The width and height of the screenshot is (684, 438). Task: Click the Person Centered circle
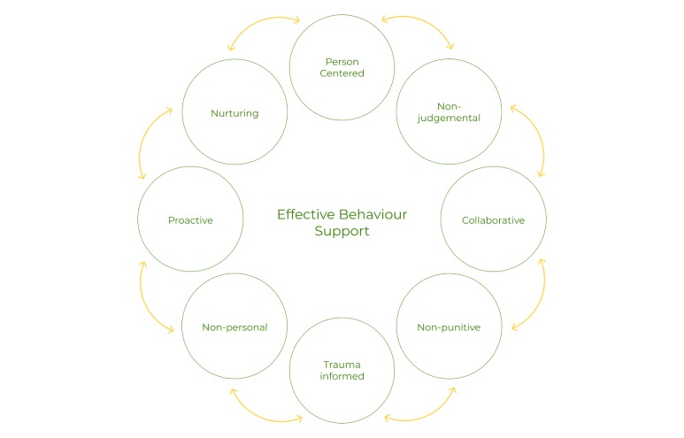click(342, 67)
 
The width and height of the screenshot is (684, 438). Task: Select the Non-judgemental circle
click(449, 112)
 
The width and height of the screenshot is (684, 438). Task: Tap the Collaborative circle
click(493, 219)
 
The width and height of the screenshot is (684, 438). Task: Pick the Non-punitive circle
click(449, 327)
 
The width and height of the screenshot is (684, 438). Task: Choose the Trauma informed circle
click(342, 370)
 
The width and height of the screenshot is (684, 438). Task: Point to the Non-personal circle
click(234, 327)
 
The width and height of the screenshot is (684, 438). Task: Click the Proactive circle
click(190, 219)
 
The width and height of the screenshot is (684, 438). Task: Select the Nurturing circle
click(234, 112)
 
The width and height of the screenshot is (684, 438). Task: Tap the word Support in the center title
click(342, 231)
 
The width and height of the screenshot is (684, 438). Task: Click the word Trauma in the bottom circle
click(342, 364)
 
